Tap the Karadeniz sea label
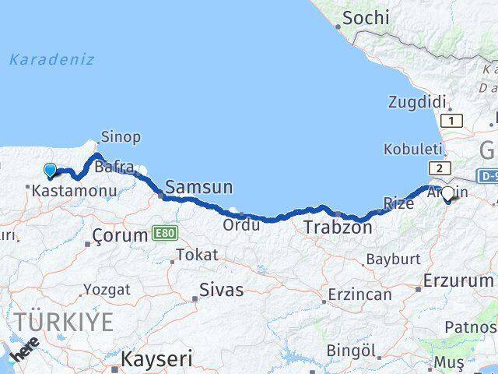coord(52,59)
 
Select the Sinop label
coord(121,137)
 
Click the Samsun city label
coord(199,187)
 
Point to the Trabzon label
coord(338,228)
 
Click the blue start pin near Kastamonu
coord(51,171)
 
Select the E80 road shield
coord(165,232)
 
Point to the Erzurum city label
coord(460,280)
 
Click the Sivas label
coord(222,290)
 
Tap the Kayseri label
coord(158,358)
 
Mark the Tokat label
coord(197,255)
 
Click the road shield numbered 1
coord(451,120)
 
